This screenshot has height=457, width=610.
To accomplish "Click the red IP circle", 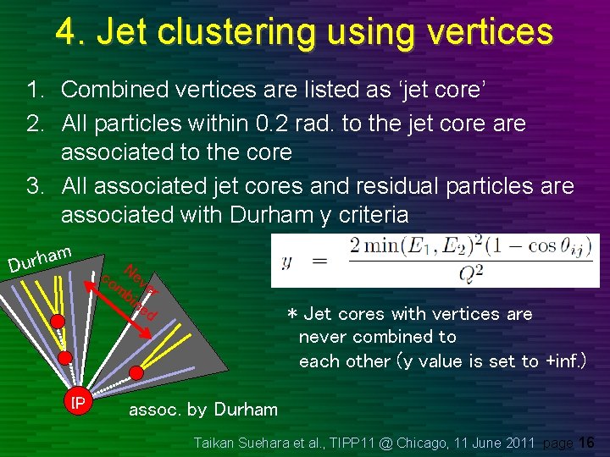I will (x=78, y=403).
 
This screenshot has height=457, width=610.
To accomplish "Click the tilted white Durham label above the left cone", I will (x=39, y=257).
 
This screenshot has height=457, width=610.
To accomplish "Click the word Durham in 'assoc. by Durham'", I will (x=246, y=410).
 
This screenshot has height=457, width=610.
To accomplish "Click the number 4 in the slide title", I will (x=68, y=31).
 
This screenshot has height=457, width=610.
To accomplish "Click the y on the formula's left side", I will (x=288, y=262).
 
